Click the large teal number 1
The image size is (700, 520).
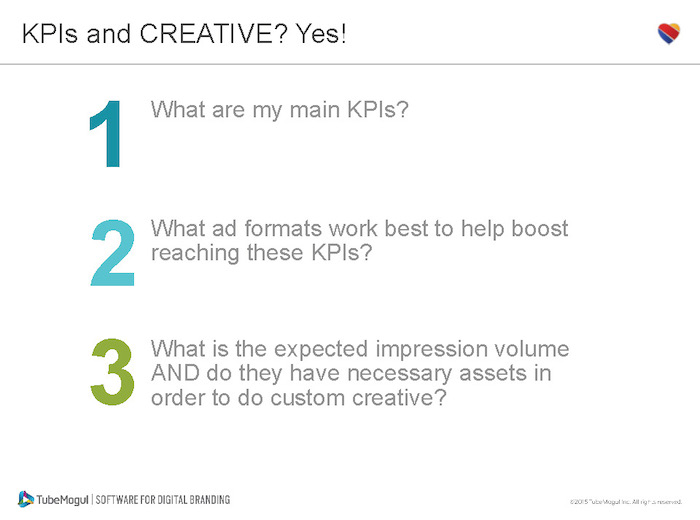tap(106, 134)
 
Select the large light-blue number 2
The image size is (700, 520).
tap(112, 254)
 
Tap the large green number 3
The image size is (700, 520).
tap(112, 372)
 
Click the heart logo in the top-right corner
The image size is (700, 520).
tap(669, 33)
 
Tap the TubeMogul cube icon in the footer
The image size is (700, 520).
tap(26, 498)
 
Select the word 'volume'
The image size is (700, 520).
tap(533, 349)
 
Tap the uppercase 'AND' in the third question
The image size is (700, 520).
tap(173, 373)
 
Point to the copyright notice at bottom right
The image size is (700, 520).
tap(625, 501)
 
